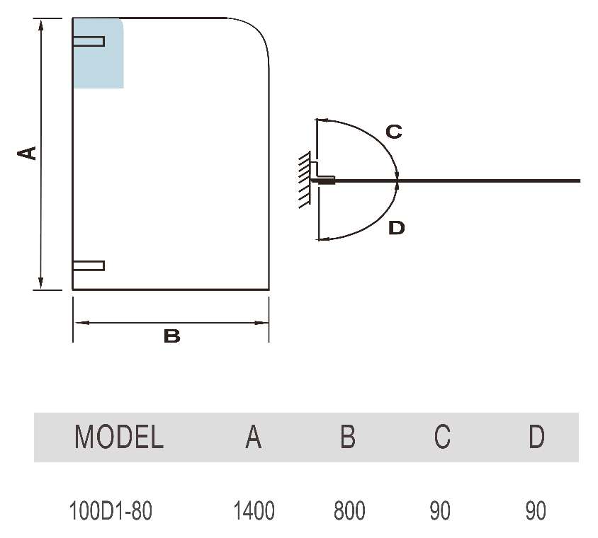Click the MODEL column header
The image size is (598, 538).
pos(119,437)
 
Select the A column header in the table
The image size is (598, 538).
pos(253,437)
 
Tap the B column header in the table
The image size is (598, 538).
pos(347,437)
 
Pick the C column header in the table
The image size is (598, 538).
pos(442,437)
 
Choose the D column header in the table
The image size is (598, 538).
pos(536,437)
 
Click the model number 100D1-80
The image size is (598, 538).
pos(111,510)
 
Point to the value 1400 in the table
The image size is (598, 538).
pos(254,510)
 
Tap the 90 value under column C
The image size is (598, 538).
pos(440,510)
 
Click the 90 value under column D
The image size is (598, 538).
pos(536,510)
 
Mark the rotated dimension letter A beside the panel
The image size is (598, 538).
pos(27,153)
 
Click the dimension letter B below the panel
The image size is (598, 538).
pos(171,337)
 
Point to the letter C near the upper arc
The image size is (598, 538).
pos(394,132)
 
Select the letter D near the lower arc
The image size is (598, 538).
pos(397,228)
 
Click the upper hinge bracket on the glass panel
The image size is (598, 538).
pos(89,41)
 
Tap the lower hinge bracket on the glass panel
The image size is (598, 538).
pos(89,265)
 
